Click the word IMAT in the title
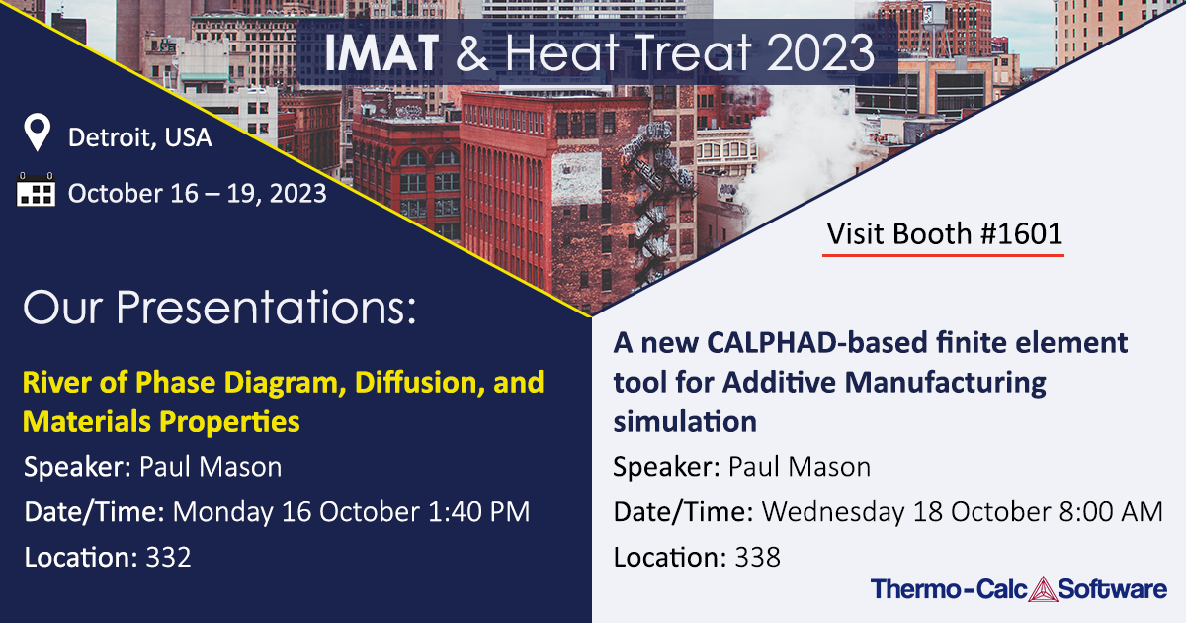click(x=381, y=51)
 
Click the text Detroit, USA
click(x=139, y=137)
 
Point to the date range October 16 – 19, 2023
click(x=197, y=193)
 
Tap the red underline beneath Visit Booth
click(x=944, y=255)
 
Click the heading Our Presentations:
click(x=219, y=309)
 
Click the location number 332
click(x=167, y=557)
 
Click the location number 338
click(x=757, y=557)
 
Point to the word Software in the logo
click(x=1113, y=590)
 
